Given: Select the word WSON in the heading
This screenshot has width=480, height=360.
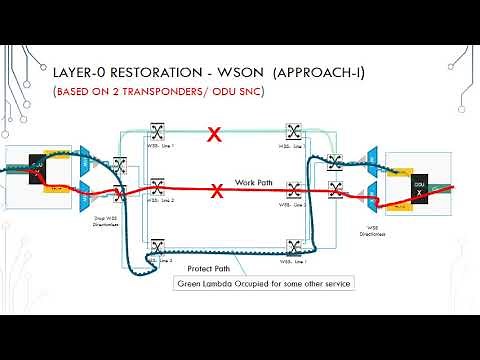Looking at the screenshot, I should coord(236,73).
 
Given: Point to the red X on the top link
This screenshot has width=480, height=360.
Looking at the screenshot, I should coord(212,133).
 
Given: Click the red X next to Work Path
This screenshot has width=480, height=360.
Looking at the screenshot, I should coord(218,189).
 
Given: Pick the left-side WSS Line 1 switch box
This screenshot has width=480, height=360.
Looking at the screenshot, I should coord(156,132).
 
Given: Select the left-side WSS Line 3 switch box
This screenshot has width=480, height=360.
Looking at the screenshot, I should coord(156,246).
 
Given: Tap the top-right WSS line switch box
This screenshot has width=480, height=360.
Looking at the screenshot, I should coord(294,132).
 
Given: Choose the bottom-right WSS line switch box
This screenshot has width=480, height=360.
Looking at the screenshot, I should coord(294,246).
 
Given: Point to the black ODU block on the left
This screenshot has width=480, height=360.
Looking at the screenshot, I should coord(38,163).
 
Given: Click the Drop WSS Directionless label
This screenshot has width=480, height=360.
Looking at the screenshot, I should coord(105,226).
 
